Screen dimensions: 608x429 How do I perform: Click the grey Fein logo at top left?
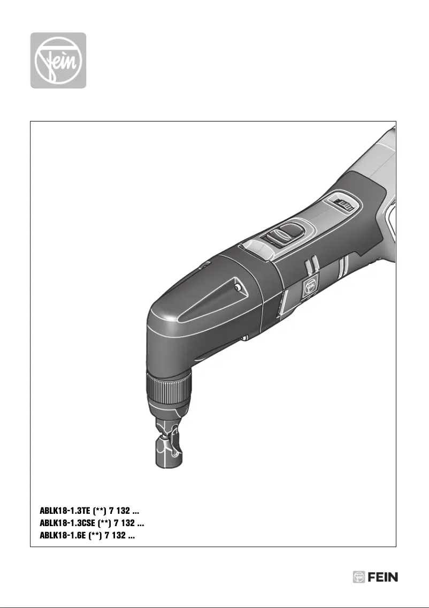58,60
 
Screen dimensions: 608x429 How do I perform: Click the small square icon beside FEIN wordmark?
358,577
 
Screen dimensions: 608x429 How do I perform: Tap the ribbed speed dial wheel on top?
342,204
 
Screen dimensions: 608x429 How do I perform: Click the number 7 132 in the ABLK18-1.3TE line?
120,511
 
